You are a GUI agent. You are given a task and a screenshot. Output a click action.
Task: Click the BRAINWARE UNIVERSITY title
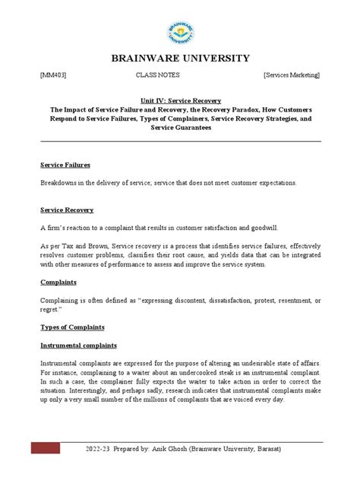click(180, 58)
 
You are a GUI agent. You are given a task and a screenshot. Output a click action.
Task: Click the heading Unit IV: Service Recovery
click(180, 100)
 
